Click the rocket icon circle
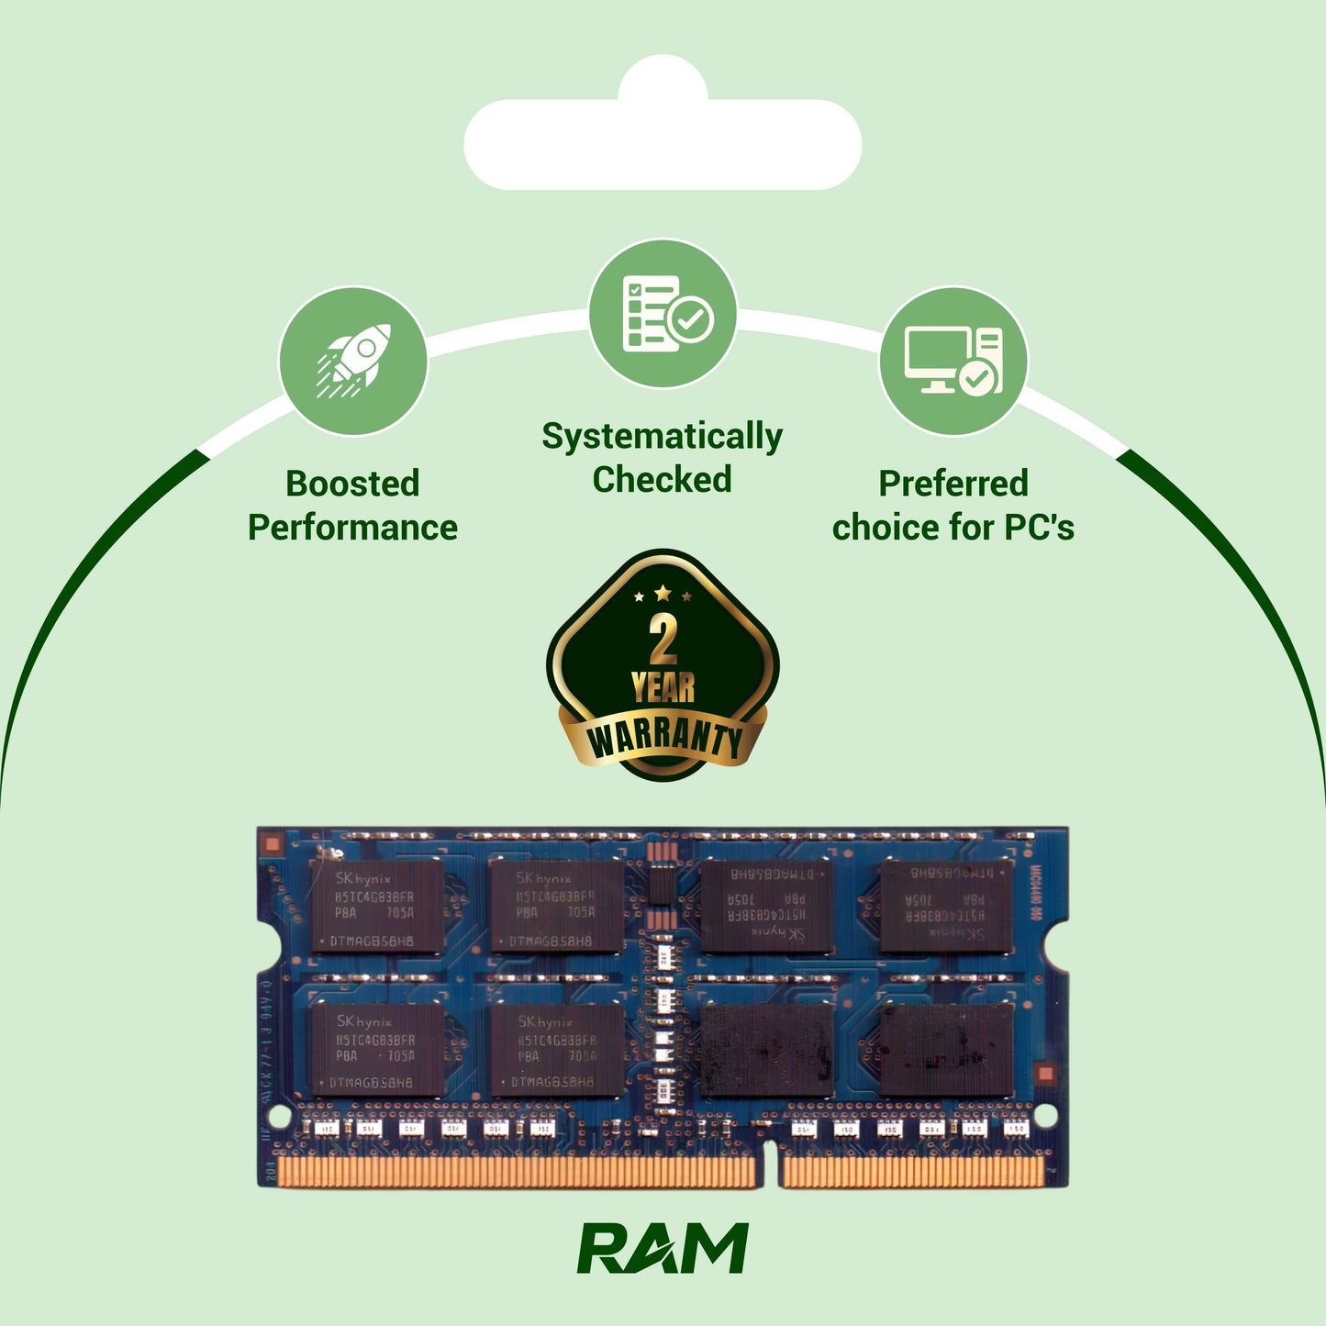[353, 362]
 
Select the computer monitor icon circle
[953, 362]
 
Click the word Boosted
[352, 484]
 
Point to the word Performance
[352, 528]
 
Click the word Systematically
[662, 437]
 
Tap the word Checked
[662, 480]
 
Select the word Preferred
[953, 484]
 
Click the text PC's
[1039, 528]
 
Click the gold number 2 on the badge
[663, 640]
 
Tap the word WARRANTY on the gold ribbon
[663, 739]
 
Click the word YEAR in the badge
[663, 687]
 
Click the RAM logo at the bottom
[663, 1248]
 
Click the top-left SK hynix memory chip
[376, 907]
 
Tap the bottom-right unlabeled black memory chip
[947, 1049]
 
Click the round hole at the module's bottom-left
[276, 1116]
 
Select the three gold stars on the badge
[663, 595]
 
